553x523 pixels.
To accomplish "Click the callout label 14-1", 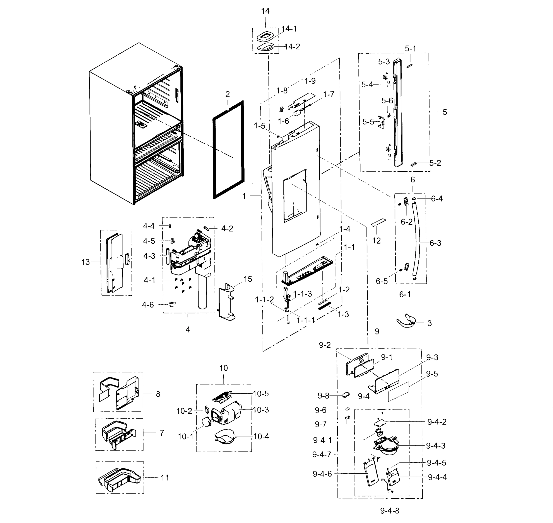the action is coord(289,29).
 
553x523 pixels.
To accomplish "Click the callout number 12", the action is coord(376,241).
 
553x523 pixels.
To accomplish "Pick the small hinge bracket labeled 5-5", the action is coord(381,122).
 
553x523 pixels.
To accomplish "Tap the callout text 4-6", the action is coord(148,305).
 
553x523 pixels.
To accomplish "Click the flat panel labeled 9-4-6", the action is coord(371,474).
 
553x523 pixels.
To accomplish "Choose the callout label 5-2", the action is coord(435,163).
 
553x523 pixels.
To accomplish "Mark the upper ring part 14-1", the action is coord(265,37).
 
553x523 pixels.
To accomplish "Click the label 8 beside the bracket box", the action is coord(158,394).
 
